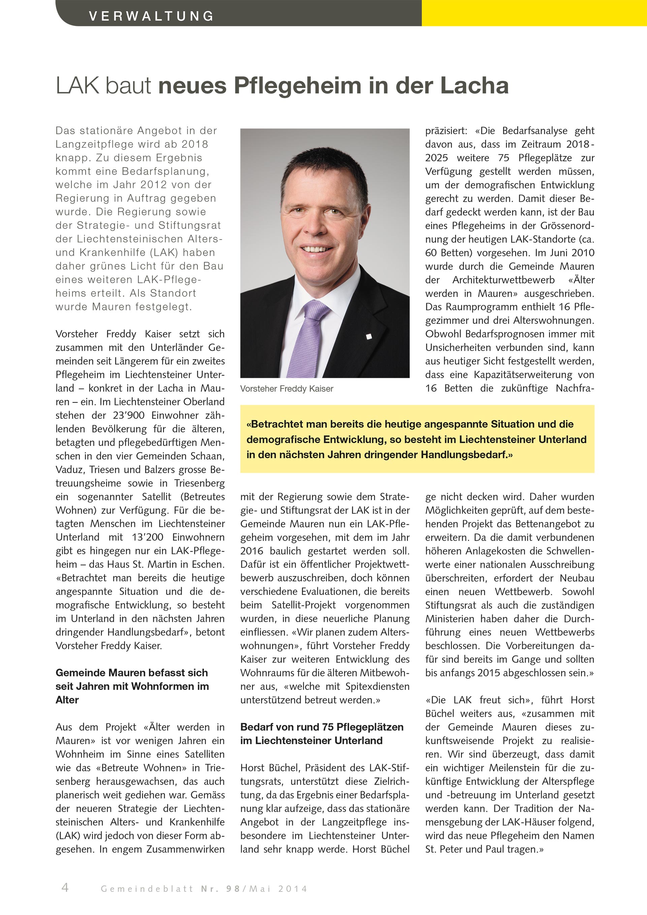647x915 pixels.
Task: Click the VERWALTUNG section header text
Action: tap(151, 16)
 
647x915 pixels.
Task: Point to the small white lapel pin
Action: tap(369, 337)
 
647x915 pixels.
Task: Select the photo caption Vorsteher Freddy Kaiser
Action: tap(286, 389)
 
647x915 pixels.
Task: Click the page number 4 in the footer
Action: tap(65, 887)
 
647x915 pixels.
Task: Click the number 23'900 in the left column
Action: tap(128, 415)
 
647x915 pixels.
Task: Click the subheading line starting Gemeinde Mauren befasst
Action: tap(131, 673)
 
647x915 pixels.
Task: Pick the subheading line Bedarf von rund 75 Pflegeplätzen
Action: tap(321, 727)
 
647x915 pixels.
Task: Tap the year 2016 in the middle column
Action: tap(251, 551)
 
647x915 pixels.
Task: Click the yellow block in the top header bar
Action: tap(534, 13)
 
